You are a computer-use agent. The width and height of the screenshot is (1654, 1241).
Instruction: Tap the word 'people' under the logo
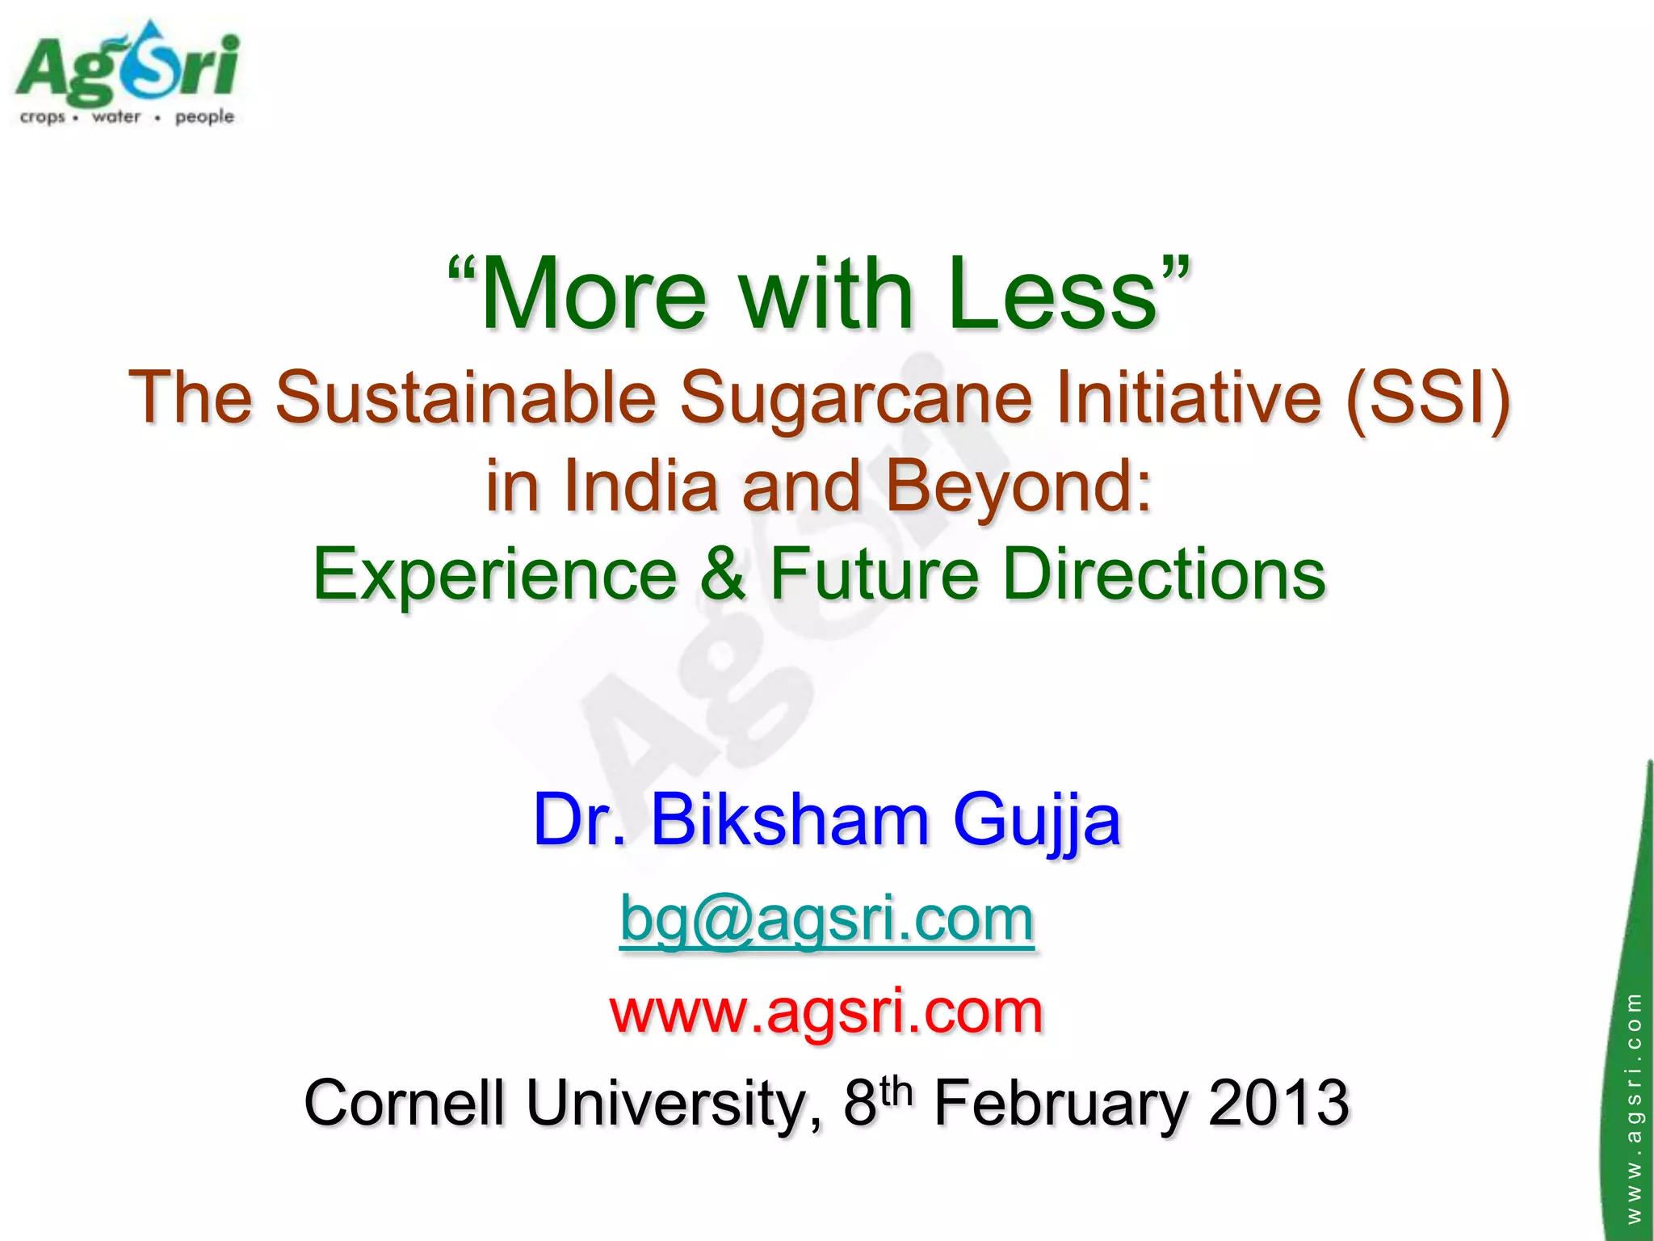(204, 117)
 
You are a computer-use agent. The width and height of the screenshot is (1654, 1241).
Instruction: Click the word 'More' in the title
(594, 294)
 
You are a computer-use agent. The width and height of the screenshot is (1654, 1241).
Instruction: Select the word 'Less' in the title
(1054, 294)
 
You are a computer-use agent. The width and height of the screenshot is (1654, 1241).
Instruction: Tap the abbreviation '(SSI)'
(1427, 398)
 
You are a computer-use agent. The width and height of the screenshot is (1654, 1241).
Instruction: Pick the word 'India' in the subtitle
(640, 486)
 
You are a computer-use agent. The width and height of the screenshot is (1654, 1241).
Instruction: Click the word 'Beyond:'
(1019, 486)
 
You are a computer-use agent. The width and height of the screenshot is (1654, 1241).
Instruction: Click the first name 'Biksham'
(790, 821)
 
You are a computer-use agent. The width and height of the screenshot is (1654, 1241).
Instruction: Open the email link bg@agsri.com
(827, 920)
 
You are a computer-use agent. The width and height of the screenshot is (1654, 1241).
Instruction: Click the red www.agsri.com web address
(827, 1012)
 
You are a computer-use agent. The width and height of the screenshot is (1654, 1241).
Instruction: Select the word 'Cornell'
(404, 1104)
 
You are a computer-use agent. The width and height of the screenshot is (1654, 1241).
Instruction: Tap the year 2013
(1278, 1104)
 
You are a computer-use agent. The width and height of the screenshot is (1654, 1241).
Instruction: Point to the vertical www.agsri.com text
(1634, 1107)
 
